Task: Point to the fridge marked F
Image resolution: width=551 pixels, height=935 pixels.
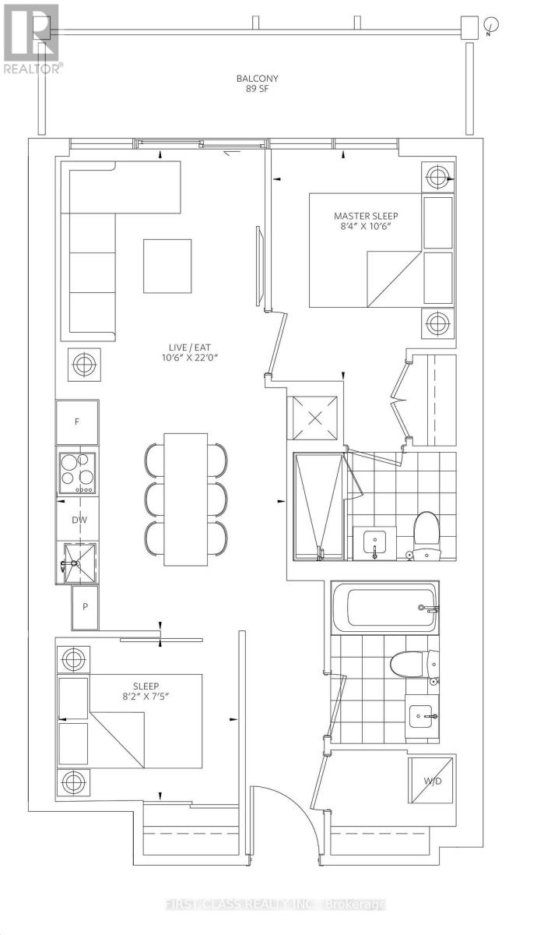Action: tap(77, 422)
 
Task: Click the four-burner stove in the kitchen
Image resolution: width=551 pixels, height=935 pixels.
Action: tap(77, 472)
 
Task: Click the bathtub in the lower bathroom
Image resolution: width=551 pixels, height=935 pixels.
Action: tap(384, 605)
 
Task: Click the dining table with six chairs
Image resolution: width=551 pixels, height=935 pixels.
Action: tap(185, 499)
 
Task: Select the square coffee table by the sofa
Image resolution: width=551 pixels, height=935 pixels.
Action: tap(167, 266)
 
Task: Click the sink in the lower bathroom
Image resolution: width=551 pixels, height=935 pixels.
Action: tap(423, 715)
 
